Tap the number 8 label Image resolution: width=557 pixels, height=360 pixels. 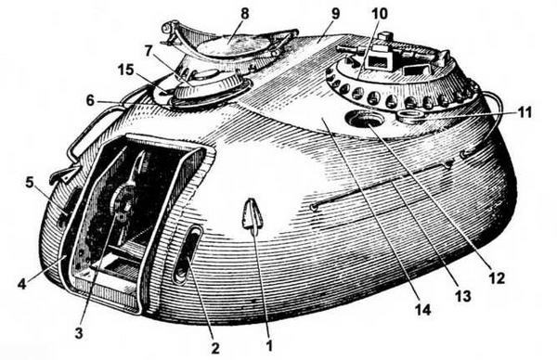pos(244,14)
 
